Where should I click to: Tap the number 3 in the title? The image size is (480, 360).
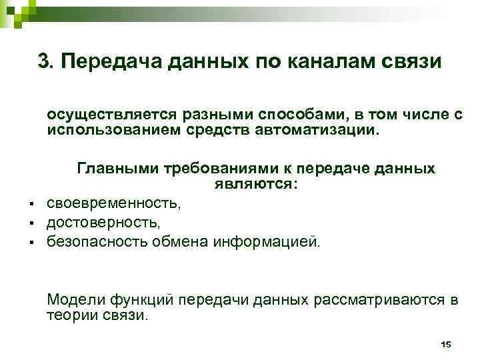click(45, 61)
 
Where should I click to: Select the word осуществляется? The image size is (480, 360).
click(105, 115)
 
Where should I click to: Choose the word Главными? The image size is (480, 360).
click(115, 168)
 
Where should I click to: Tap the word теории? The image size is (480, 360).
click(70, 315)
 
